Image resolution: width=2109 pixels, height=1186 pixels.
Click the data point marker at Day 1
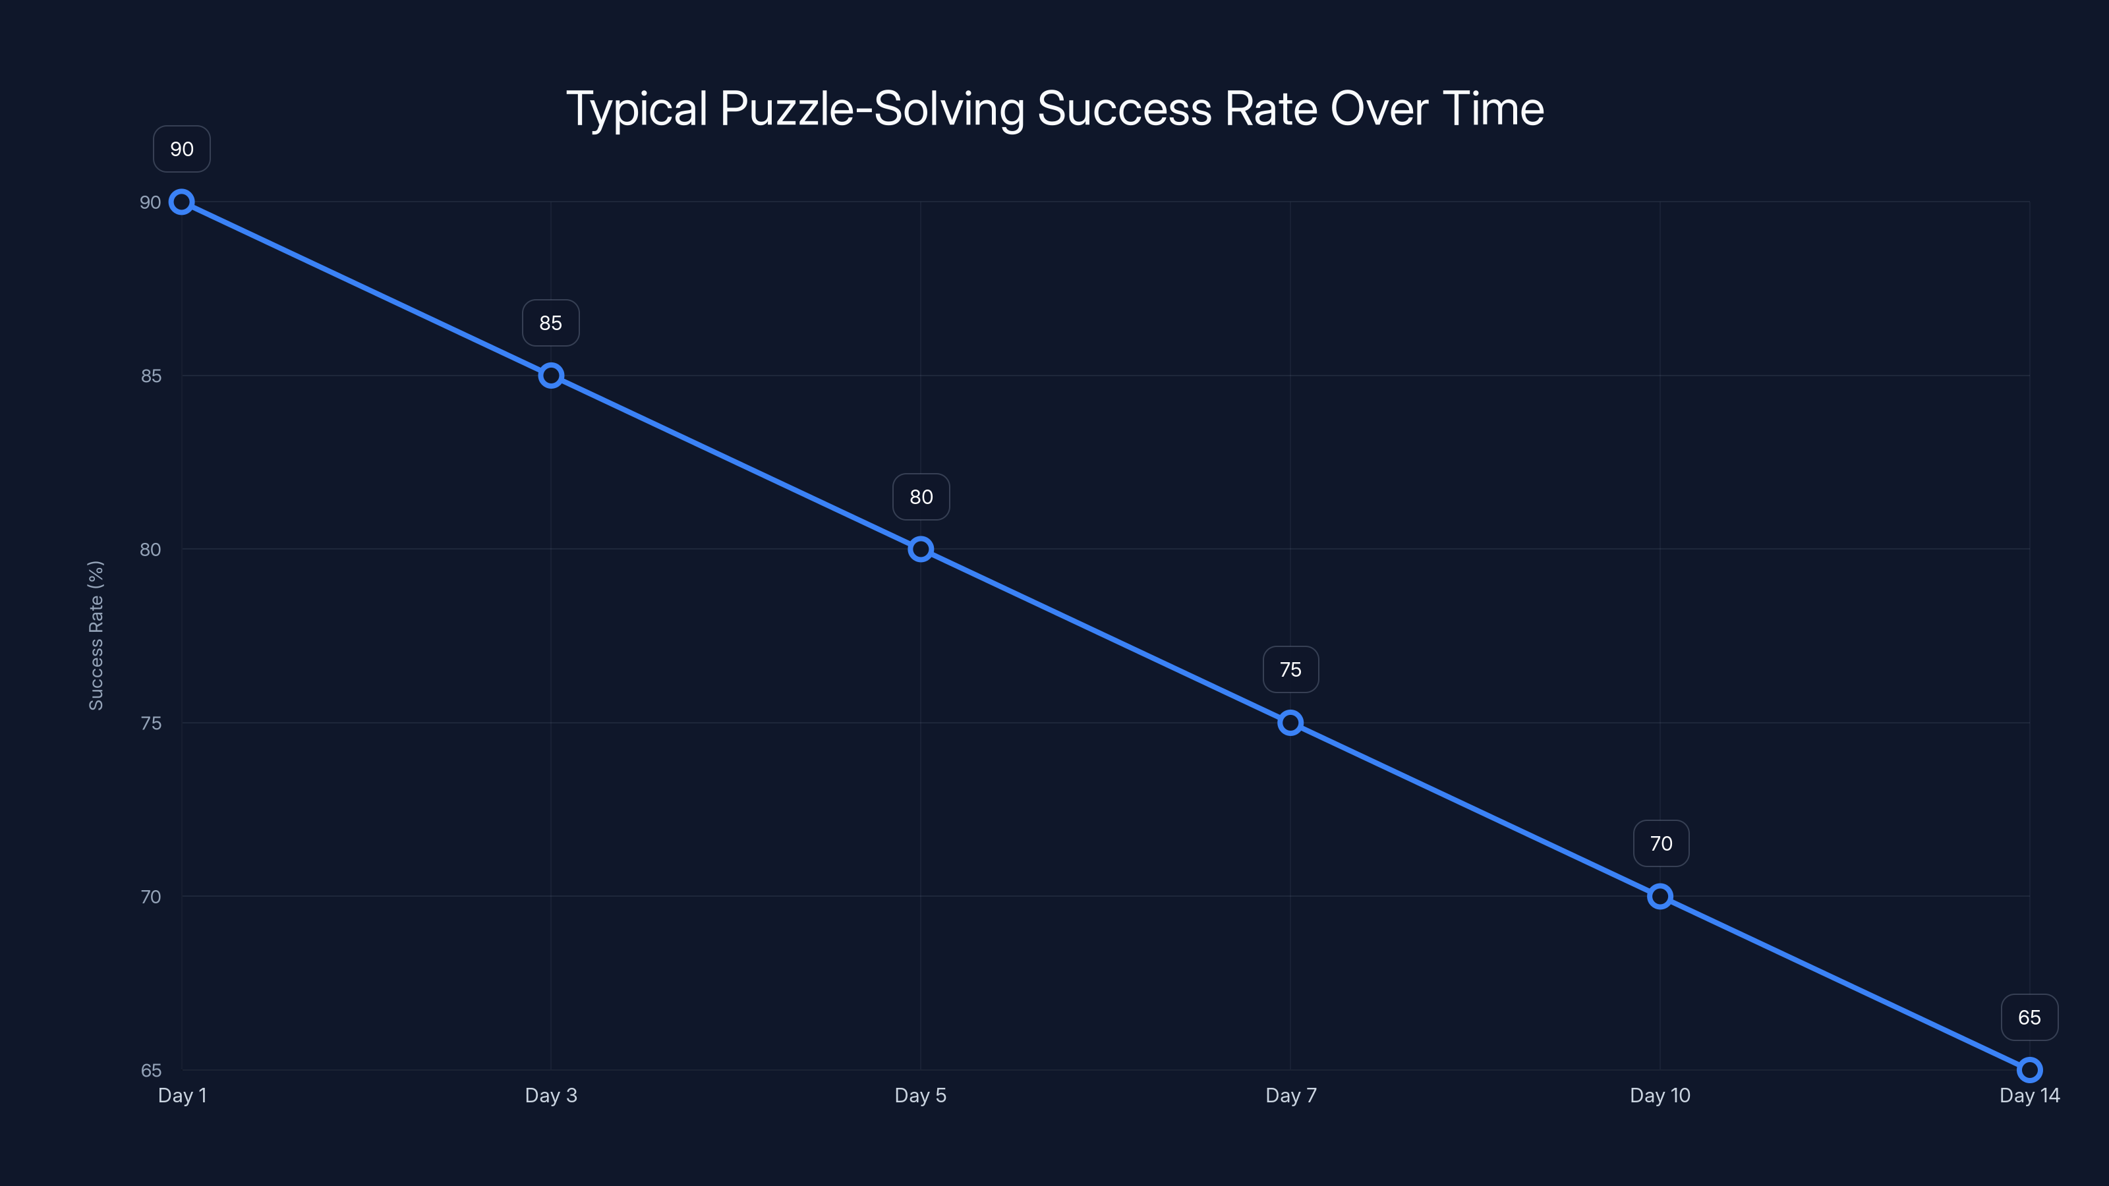182,202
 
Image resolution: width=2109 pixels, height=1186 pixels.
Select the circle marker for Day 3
551,376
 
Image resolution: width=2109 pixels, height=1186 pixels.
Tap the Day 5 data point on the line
921,550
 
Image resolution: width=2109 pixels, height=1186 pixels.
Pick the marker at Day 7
1290,723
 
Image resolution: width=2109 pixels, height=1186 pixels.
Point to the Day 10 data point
1660,896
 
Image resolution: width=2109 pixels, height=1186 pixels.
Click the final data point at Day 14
2030,1070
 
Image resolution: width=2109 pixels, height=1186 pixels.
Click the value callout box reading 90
182,149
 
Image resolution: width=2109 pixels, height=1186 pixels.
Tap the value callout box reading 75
1290,669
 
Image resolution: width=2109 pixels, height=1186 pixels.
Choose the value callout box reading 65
2030,1017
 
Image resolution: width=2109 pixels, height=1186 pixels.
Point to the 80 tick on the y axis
151,550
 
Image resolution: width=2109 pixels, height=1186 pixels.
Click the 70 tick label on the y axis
151,897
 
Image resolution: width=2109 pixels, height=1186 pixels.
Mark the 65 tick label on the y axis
151,1071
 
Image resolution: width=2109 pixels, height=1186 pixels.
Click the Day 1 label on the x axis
182,1095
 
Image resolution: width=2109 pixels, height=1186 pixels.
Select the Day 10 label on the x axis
1660,1095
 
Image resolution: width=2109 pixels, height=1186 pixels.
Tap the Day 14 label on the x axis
2030,1095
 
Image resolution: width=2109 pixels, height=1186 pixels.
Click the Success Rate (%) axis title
96,635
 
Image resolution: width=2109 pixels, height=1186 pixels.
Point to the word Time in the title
1493,109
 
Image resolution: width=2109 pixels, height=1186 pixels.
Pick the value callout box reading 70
1660,844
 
